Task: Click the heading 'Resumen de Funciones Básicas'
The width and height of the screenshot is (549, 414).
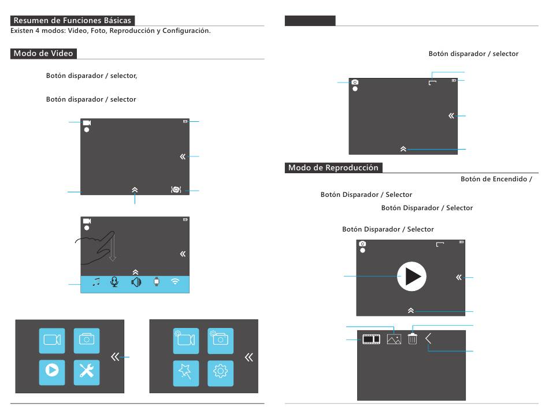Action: click(x=72, y=20)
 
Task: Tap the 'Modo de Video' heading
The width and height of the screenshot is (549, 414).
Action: click(x=43, y=54)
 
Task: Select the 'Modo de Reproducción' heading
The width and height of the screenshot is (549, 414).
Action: click(x=333, y=167)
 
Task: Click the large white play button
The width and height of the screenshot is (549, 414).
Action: click(x=411, y=277)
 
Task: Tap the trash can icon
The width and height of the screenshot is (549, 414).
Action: click(x=413, y=338)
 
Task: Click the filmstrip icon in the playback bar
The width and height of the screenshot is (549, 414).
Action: click(x=371, y=339)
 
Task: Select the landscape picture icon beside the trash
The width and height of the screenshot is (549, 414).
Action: click(x=394, y=339)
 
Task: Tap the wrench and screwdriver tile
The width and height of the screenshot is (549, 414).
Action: click(x=87, y=372)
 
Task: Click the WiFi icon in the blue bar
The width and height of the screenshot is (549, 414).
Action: click(x=175, y=281)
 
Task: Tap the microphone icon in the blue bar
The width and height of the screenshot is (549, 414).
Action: click(x=114, y=282)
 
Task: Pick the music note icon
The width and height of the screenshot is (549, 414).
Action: click(x=96, y=281)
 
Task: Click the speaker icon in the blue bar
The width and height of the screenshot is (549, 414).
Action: click(x=136, y=282)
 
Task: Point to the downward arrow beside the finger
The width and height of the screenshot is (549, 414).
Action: click(x=112, y=248)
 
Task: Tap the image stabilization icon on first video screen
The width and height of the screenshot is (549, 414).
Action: click(x=176, y=189)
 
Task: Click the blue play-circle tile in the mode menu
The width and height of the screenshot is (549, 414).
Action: click(x=52, y=372)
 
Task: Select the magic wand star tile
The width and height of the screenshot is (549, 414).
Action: click(x=186, y=374)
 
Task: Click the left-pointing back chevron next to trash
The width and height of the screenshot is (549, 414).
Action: click(x=428, y=338)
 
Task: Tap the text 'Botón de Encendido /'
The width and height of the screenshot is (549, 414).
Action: click(x=496, y=179)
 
